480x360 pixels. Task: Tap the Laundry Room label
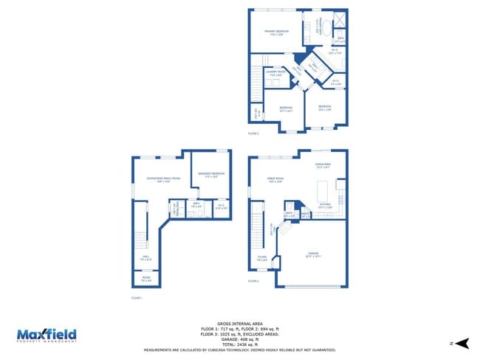coord(276,73)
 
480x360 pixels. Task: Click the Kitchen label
coord(325,206)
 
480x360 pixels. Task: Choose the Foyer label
coord(261,259)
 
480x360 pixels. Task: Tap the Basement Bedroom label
coord(212,175)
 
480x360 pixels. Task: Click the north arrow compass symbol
coord(462,343)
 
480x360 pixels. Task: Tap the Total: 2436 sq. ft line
coord(240,345)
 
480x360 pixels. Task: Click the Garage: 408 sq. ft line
coord(240,339)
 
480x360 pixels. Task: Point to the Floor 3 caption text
coord(253,134)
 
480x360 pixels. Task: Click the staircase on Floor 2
coord(257,221)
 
